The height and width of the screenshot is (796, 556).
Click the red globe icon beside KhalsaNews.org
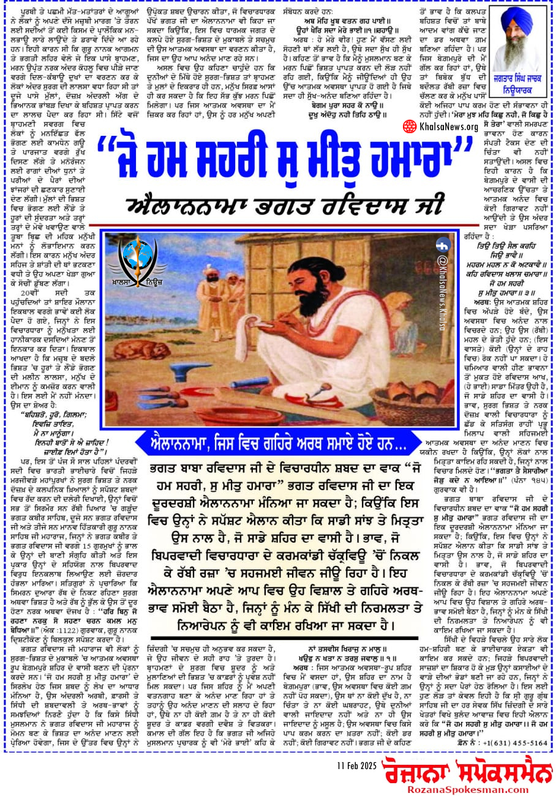coord(410,127)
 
